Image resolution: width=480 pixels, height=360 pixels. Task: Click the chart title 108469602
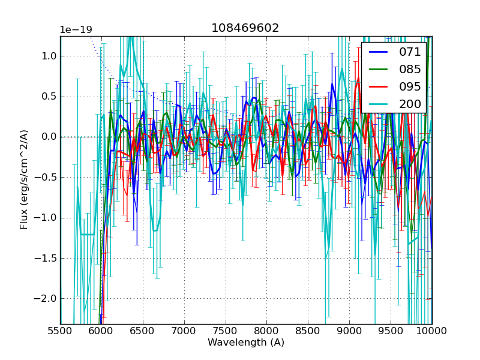pos(245,28)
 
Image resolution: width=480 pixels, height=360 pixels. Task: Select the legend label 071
pos(410,52)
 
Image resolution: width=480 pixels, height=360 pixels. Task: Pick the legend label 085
pos(410,69)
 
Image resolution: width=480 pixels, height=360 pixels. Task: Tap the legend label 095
pos(410,86)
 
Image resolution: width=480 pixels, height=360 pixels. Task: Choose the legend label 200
pos(410,104)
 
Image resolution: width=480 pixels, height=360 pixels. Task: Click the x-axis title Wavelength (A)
pos(246,343)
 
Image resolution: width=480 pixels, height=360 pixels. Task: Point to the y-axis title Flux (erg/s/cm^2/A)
pos(24,179)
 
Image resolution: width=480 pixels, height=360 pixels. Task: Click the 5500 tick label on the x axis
pos(60,331)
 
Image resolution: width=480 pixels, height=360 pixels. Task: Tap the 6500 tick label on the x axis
pos(143,331)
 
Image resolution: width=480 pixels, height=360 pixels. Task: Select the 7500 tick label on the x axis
pos(226,331)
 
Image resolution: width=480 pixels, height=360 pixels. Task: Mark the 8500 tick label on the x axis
pos(308,331)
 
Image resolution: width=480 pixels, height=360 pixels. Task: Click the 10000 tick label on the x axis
pos(432,331)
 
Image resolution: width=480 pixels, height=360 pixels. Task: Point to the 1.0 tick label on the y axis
pos(47,56)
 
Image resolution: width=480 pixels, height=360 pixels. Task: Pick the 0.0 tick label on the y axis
pos(47,137)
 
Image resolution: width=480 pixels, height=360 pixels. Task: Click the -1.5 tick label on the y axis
pos(46,258)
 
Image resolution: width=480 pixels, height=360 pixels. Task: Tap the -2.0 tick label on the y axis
pos(46,298)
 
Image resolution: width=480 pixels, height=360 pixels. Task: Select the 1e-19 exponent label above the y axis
pos(76,30)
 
